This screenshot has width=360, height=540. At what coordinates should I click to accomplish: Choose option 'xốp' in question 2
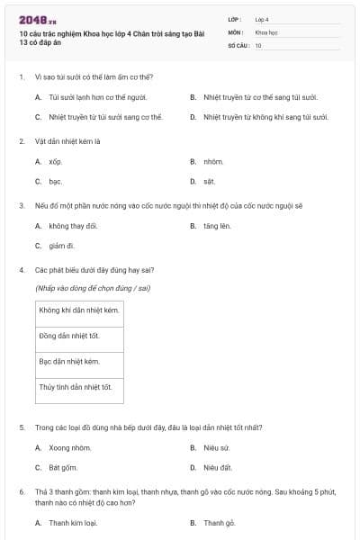[55, 162]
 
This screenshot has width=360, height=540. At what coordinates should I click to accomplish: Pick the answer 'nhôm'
[212, 162]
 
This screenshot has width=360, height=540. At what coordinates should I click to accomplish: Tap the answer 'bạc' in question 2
[55, 181]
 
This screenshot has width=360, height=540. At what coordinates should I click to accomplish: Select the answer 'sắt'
[209, 181]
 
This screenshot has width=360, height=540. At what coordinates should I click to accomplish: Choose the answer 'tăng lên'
[217, 226]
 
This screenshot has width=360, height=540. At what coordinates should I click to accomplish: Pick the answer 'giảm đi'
[61, 245]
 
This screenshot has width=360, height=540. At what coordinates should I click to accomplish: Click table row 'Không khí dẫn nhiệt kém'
[79, 310]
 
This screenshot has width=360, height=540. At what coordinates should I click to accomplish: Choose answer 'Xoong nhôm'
[70, 447]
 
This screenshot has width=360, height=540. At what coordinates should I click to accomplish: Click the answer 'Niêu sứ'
[217, 447]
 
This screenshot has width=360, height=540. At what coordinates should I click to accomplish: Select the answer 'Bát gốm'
[63, 467]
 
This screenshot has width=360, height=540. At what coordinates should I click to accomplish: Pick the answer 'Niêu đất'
[218, 467]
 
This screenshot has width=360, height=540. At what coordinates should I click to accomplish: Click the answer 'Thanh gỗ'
[219, 522]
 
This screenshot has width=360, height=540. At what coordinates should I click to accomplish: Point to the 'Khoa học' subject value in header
[267, 31]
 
